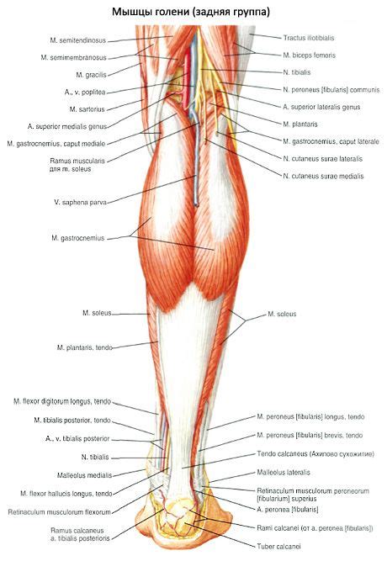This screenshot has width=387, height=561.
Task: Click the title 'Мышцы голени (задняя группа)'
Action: point(191,12)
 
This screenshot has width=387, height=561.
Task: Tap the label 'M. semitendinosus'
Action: point(78,40)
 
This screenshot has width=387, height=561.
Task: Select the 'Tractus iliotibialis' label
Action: point(309,38)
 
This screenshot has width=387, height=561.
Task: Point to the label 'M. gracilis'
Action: point(92,75)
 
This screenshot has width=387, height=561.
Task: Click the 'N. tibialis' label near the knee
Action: point(297,72)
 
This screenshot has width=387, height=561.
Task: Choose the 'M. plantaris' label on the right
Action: point(300,124)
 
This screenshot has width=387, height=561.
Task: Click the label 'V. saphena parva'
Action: point(80,202)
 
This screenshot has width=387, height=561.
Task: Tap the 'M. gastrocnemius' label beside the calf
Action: point(78,238)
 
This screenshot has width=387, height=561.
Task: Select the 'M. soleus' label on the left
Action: point(97,313)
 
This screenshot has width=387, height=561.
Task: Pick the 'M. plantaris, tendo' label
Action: point(85,347)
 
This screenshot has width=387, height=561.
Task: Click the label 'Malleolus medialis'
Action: point(84,475)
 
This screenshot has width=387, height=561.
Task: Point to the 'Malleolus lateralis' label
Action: point(284,473)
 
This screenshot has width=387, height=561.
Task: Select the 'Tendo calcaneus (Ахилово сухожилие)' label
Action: point(315,454)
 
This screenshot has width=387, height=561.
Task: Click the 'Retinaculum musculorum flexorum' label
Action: point(60,512)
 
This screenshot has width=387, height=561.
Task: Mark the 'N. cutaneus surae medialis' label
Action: point(323,176)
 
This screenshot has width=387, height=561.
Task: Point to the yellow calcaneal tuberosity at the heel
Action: point(179,519)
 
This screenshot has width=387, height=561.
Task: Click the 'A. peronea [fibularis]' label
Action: point(288,509)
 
